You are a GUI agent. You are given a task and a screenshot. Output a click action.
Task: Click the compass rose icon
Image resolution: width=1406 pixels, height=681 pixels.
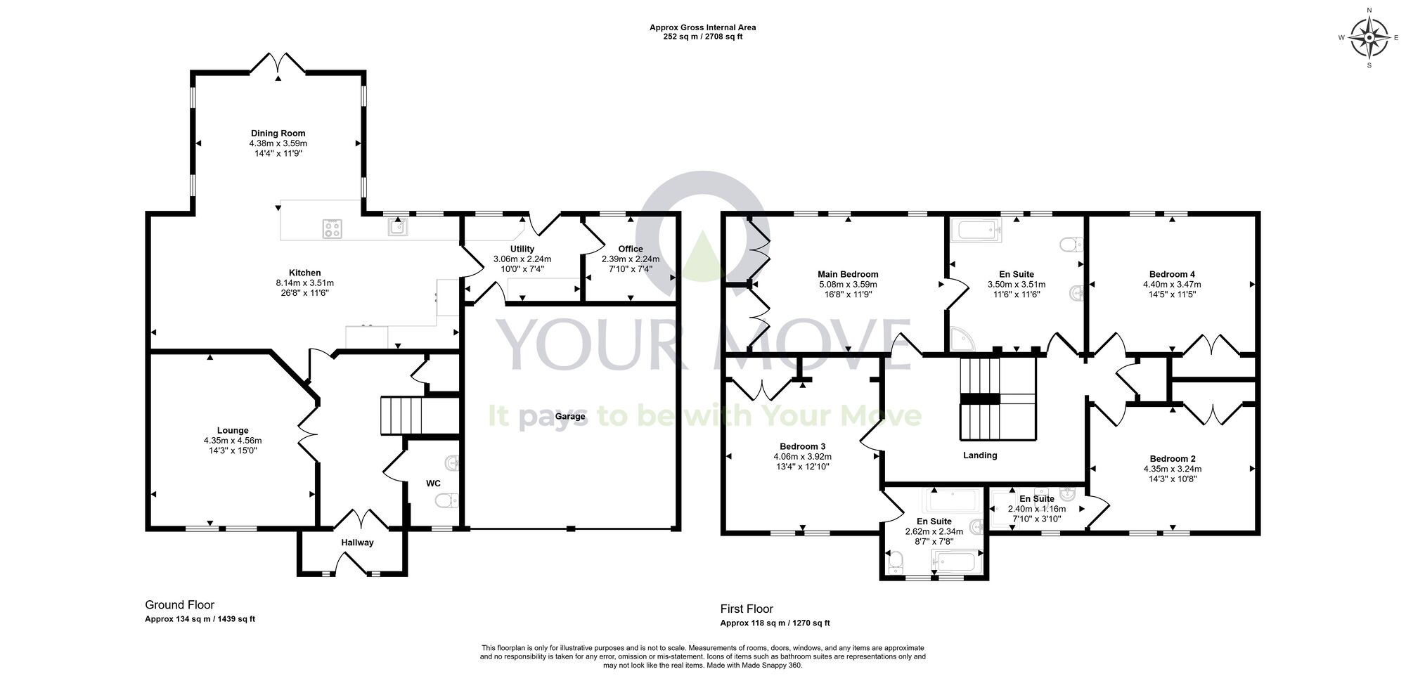tap(1369, 38)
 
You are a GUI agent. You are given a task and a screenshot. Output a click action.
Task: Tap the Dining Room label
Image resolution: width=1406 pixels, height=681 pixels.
tap(278, 133)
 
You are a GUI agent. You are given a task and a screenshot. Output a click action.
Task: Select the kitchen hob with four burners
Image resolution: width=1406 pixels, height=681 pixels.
tap(332, 228)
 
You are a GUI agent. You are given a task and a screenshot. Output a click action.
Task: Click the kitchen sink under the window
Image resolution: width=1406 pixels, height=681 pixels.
tap(399, 226)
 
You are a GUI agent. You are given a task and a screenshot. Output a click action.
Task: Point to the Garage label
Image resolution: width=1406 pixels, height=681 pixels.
tap(570, 416)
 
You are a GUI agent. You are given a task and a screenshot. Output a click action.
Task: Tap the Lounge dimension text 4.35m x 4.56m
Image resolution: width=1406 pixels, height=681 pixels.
tap(233, 441)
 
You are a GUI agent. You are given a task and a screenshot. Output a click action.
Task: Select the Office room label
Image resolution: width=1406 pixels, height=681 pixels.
tap(631, 249)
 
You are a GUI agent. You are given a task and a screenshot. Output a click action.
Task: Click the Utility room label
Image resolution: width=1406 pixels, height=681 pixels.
tap(522, 249)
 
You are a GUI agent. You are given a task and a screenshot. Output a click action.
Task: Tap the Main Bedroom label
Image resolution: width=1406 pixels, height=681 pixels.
tap(848, 274)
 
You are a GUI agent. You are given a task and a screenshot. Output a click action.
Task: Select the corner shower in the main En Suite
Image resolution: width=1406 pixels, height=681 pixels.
tap(961, 340)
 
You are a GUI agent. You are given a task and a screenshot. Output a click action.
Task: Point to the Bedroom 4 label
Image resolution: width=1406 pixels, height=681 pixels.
tap(1172, 274)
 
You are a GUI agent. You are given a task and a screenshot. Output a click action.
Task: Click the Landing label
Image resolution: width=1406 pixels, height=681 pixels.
tap(980, 455)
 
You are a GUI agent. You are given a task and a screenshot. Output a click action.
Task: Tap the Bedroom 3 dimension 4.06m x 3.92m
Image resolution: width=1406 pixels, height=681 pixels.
tap(802, 456)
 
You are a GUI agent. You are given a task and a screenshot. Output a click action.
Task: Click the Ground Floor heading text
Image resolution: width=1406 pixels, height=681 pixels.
tap(179, 605)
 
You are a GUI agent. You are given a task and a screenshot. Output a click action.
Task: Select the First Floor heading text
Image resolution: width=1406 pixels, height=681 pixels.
tap(747, 609)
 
